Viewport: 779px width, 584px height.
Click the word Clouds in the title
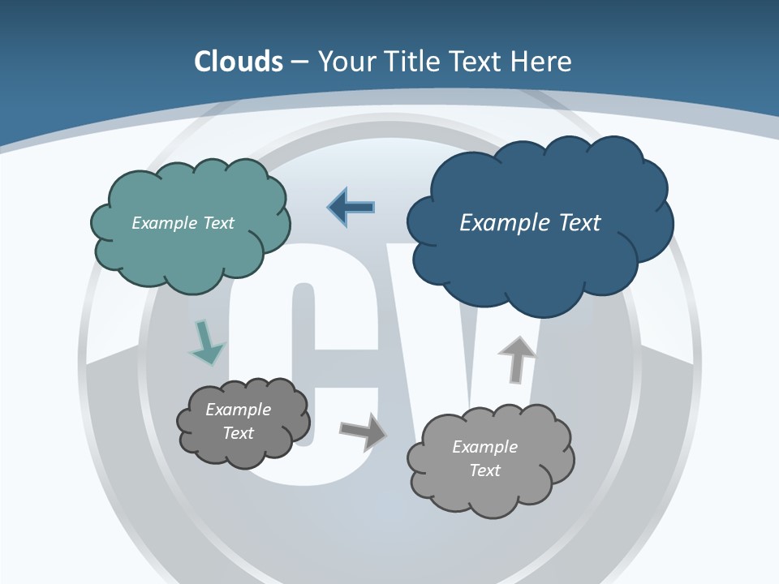click(x=239, y=62)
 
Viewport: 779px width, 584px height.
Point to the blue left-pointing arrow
click(x=351, y=208)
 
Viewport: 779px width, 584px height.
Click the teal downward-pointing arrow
click(x=206, y=342)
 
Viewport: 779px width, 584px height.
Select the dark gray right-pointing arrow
click(x=364, y=432)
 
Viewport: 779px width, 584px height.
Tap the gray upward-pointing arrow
click(x=516, y=359)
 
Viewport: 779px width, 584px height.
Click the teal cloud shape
click(x=190, y=243)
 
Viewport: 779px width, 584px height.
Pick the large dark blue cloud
click(x=540, y=251)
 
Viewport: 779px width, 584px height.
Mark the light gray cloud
click(x=491, y=487)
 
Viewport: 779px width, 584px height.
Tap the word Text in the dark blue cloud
click(x=579, y=223)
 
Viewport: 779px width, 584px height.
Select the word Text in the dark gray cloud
click(x=238, y=433)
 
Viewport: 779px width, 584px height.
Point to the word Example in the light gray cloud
click(x=484, y=447)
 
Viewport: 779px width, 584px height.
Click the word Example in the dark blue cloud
click(x=505, y=223)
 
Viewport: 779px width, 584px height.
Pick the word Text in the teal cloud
click(x=218, y=223)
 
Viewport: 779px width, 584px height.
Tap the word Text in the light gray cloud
click(x=484, y=470)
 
